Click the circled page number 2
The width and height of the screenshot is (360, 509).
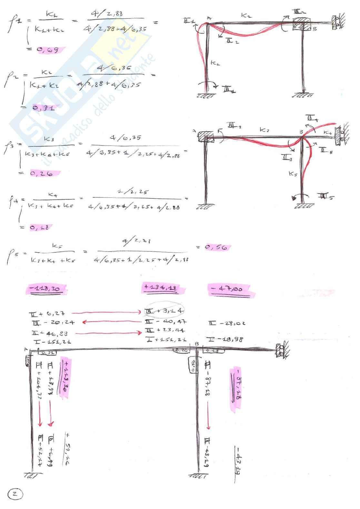[x=15, y=494]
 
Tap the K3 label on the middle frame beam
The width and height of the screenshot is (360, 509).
[x=264, y=130]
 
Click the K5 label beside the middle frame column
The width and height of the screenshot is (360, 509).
[x=293, y=174]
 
